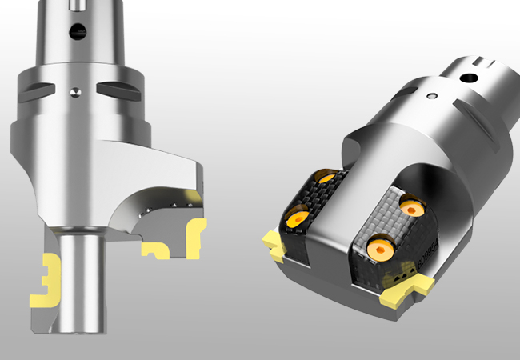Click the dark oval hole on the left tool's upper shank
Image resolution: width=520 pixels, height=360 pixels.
pos(77,31)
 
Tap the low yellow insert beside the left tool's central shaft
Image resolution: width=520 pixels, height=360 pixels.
pos(154,251)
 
